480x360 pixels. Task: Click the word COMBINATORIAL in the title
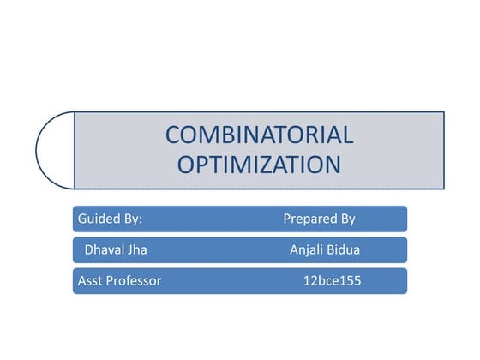click(x=259, y=135)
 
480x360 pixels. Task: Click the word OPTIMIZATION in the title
click(x=259, y=164)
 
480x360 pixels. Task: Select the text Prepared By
click(x=319, y=219)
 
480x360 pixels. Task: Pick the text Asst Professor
click(x=119, y=280)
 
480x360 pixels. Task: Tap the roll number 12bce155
click(x=333, y=280)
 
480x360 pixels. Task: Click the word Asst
click(x=90, y=280)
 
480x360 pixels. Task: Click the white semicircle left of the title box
click(x=57, y=150)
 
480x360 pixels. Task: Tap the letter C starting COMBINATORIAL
click(x=173, y=135)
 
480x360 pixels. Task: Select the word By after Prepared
click(x=345, y=219)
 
